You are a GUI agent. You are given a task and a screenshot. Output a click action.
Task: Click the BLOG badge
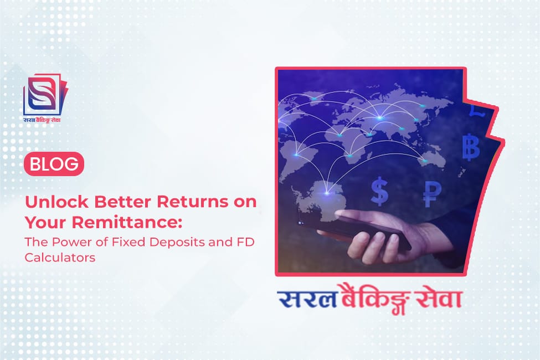coord(54,164)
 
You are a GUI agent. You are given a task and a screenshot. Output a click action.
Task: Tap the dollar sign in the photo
coord(380,190)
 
